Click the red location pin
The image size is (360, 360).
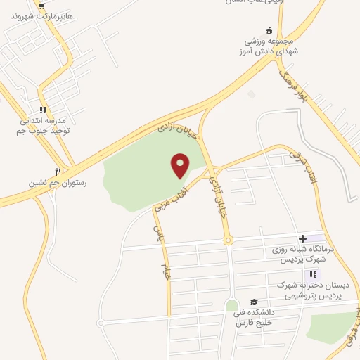[181, 165]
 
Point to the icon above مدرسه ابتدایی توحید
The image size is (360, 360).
[43, 110]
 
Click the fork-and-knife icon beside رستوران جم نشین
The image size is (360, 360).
[58, 171]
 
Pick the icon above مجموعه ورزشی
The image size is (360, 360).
[268, 30]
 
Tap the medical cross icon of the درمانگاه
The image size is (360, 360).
[303, 239]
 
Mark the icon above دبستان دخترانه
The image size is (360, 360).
[314, 274]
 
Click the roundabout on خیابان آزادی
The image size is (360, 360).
[228, 240]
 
